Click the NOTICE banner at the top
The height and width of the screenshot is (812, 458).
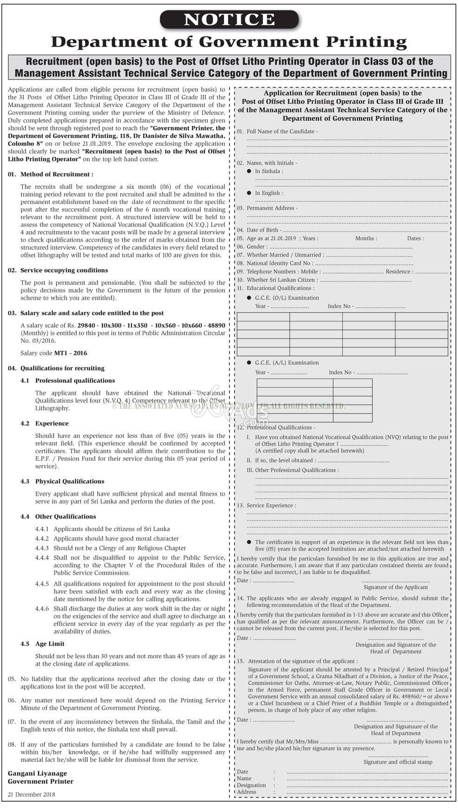[229, 19]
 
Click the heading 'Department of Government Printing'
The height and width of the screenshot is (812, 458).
[229, 42]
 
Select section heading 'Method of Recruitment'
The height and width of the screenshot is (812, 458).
[57, 174]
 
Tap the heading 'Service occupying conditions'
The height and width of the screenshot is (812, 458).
[64, 270]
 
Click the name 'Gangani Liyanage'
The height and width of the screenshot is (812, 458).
[37, 773]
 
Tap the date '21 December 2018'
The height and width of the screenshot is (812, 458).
[31, 794]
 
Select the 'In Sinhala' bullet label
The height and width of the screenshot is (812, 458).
[268, 171]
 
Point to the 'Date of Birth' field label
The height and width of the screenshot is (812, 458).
[263, 230]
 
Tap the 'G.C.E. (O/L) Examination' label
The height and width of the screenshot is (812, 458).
[287, 298]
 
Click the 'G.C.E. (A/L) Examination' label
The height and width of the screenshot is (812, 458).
[287, 363]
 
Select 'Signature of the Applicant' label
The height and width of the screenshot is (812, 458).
[395, 587]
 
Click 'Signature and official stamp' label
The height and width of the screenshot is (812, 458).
[398, 762]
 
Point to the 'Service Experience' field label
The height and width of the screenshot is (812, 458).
[271, 505]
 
